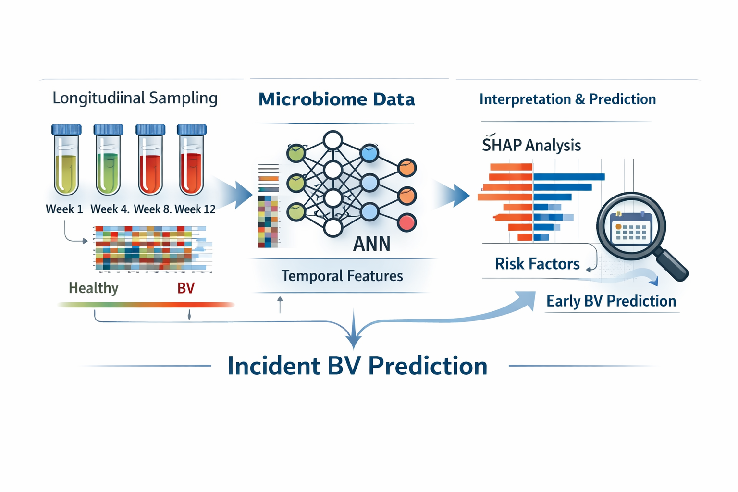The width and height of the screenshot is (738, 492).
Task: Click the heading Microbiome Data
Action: click(x=336, y=99)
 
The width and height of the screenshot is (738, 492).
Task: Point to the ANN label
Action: click(x=371, y=244)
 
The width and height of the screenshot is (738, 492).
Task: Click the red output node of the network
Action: click(x=407, y=222)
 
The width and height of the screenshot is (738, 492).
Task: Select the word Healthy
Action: click(x=93, y=288)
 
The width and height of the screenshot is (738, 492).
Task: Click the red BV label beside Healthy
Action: click(x=186, y=288)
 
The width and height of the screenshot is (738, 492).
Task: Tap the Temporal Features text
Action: click(x=342, y=276)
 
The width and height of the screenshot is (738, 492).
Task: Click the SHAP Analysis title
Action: click(x=531, y=145)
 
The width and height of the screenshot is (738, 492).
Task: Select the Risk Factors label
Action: click(x=537, y=264)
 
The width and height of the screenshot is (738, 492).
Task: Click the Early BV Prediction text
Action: click(x=611, y=301)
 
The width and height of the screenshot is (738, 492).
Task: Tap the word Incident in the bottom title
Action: click(x=273, y=366)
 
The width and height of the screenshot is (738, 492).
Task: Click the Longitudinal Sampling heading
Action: click(x=135, y=98)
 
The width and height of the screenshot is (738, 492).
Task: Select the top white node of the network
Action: click(x=332, y=141)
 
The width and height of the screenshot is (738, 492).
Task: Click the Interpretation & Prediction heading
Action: click(x=567, y=99)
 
